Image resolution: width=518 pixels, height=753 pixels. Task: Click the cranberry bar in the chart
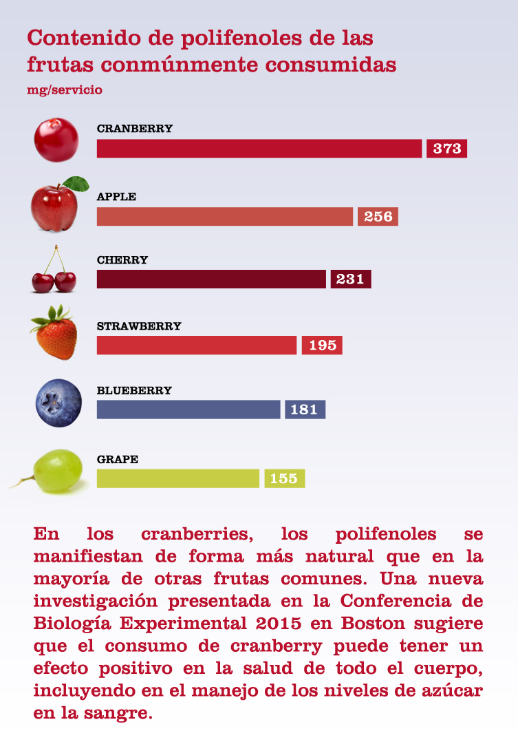[259, 149]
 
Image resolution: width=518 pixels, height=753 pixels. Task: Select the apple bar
[224, 217]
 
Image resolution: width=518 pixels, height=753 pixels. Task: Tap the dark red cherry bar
[211, 279]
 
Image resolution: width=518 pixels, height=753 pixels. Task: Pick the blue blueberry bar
[188, 410]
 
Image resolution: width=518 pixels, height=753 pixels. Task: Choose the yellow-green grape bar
[178, 478]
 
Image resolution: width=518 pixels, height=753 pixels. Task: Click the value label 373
[447, 149]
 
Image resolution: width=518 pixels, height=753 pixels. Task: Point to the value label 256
[378, 217]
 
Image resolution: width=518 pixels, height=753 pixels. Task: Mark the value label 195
[322, 345]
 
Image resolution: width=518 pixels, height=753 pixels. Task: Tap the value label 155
[284, 478]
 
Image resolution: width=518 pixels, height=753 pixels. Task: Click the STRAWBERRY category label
[139, 326]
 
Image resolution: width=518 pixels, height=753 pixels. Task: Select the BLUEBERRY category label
[134, 390]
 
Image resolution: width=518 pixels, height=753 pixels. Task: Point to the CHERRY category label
[122, 260]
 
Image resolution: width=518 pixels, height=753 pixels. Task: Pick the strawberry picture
[54, 334]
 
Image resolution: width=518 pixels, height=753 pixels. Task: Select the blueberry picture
[58, 403]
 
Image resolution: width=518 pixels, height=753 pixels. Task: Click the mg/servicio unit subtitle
[65, 89]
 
